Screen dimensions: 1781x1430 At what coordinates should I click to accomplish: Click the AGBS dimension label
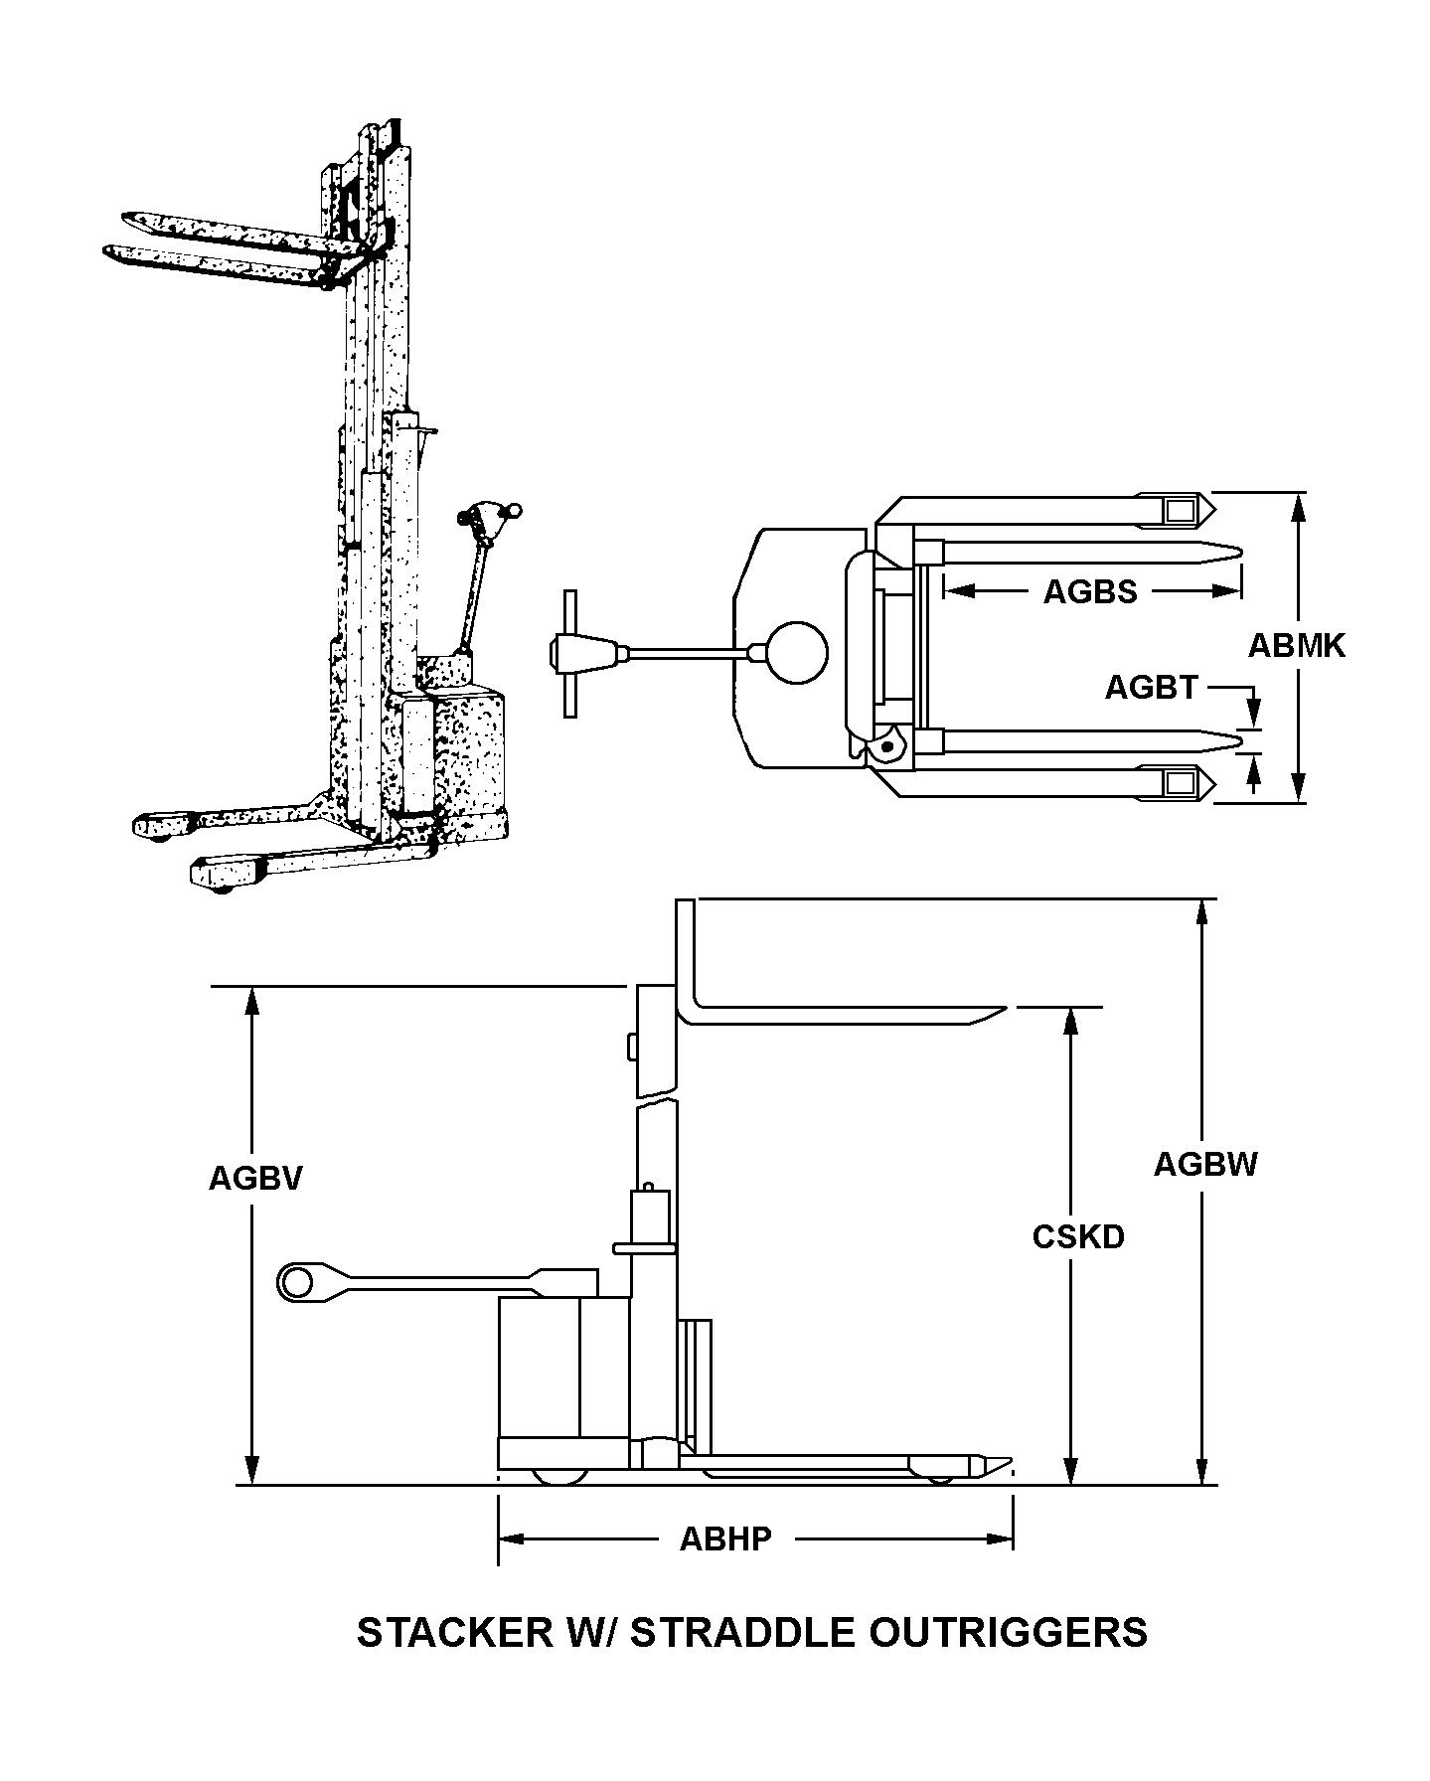click(x=1089, y=592)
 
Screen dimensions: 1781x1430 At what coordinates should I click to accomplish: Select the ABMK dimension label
click(x=1296, y=646)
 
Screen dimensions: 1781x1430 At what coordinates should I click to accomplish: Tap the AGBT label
click(x=1151, y=687)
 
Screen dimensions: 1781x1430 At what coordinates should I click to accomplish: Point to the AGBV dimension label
click(x=255, y=1178)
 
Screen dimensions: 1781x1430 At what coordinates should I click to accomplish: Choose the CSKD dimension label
click(x=1078, y=1236)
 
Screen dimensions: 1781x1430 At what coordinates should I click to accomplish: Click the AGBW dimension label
click(x=1205, y=1164)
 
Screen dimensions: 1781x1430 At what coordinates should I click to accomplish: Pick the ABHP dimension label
click(x=725, y=1539)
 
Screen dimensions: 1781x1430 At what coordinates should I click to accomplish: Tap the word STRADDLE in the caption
click(x=743, y=1633)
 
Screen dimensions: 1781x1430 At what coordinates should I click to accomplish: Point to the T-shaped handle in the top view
click(x=570, y=653)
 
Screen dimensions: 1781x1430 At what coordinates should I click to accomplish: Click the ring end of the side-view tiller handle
click(x=295, y=1282)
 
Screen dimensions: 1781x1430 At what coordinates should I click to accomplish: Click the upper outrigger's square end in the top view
click(x=1181, y=511)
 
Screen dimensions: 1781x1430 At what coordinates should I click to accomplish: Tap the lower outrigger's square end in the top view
click(x=1181, y=783)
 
